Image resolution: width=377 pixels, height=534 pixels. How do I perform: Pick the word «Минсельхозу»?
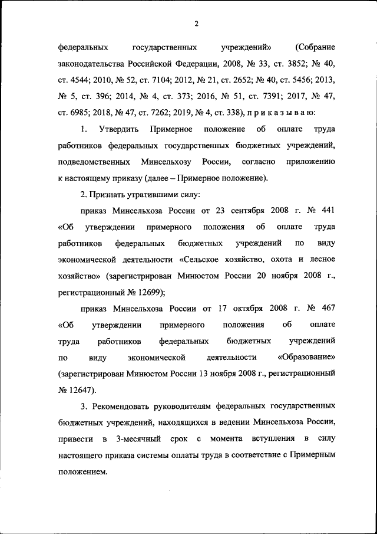point(167,161)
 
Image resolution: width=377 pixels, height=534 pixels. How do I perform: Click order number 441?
point(328,210)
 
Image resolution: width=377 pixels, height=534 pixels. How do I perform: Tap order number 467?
point(328,308)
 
